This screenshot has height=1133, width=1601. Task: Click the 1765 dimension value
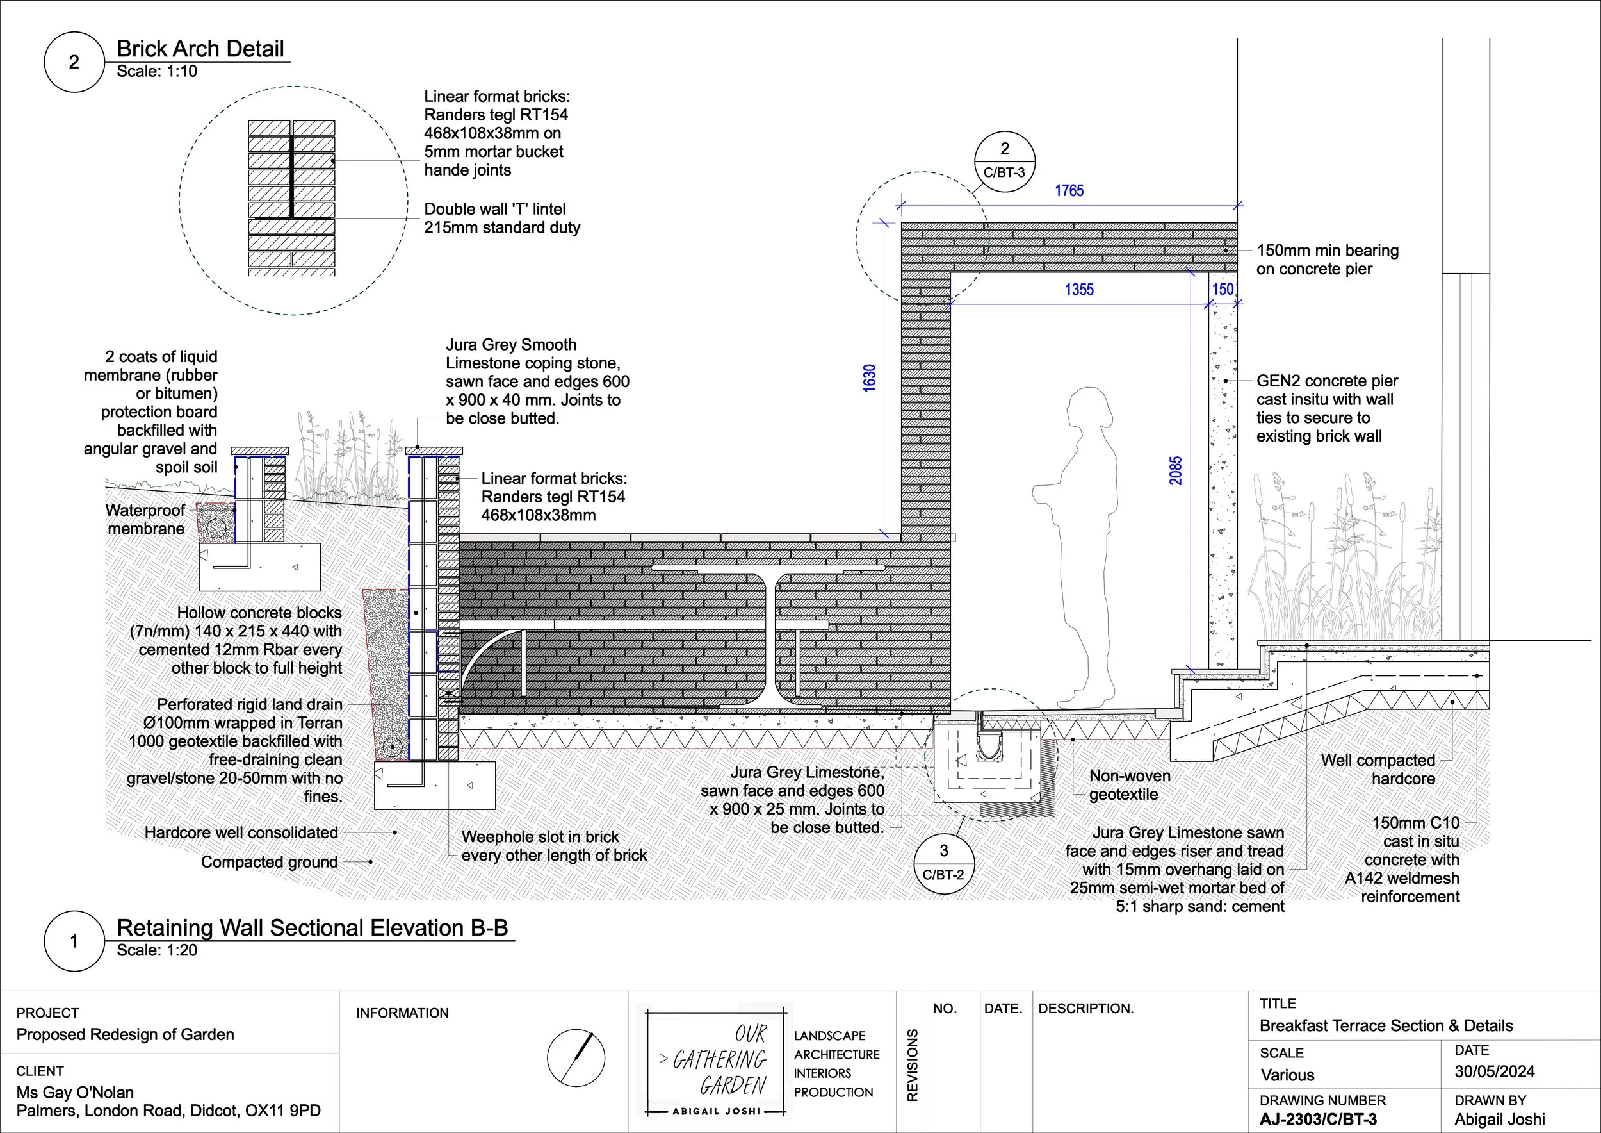click(1068, 191)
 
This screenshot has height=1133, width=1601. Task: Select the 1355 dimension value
click(1078, 290)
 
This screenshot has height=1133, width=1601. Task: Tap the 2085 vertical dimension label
click(1176, 471)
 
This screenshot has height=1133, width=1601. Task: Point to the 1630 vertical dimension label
click(870, 378)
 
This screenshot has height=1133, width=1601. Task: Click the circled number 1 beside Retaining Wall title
click(74, 941)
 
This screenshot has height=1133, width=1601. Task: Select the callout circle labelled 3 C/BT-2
click(943, 862)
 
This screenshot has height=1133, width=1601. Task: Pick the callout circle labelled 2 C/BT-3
click(1004, 160)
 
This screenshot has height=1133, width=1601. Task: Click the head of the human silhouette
click(1089, 408)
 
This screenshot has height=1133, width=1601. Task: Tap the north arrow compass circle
click(576, 1057)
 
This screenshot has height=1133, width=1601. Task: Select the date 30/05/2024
click(1494, 1071)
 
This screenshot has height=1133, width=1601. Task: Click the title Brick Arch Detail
click(200, 49)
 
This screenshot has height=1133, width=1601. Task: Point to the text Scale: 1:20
click(157, 950)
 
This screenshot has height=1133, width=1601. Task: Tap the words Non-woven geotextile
click(1129, 785)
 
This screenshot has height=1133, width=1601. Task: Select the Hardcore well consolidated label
click(241, 832)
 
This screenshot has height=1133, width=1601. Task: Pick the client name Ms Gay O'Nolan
click(76, 1093)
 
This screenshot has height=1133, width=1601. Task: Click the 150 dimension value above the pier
click(1223, 289)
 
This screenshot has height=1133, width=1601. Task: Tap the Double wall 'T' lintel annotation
click(501, 219)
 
